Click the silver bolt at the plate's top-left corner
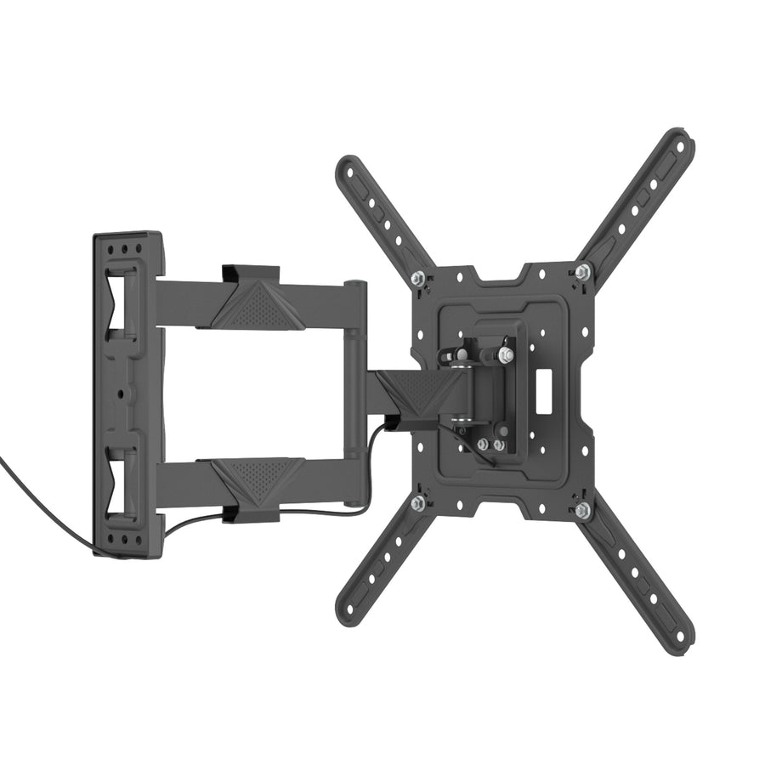click(x=417, y=279)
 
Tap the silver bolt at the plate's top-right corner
click(x=581, y=272)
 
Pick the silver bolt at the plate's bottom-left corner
click(x=417, y=503)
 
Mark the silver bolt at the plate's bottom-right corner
click(x=582, y=510)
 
